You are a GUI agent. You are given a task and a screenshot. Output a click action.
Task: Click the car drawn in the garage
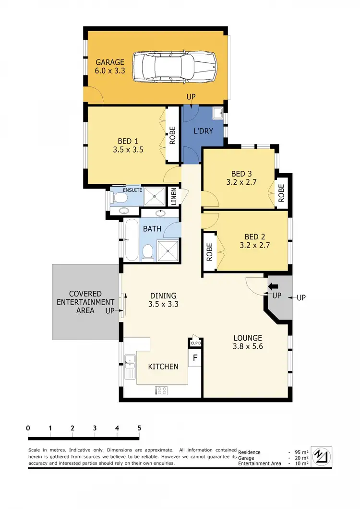[174, 66]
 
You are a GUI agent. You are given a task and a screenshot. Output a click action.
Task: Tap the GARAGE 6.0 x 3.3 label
[110, 67]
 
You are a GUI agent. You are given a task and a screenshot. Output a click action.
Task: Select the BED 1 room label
[128, 145]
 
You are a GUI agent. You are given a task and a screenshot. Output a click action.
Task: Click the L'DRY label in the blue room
[204, 130]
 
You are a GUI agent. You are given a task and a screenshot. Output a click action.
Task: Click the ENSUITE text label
[132, 190]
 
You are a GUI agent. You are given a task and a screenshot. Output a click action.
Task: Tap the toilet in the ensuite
[117, 196]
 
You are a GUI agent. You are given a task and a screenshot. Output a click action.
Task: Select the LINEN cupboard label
[174, 196]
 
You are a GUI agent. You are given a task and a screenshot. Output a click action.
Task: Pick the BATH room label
[152, 229]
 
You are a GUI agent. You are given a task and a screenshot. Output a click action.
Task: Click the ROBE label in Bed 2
[209, 252]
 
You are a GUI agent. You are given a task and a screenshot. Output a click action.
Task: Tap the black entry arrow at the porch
[273, 287]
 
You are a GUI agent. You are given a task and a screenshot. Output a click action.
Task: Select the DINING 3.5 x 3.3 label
[163, 300]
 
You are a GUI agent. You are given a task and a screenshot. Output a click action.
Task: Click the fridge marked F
[195, 358]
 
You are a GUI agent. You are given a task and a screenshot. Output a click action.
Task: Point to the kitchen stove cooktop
[161, 391]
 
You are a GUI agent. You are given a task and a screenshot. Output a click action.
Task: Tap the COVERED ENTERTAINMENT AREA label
[85, 302]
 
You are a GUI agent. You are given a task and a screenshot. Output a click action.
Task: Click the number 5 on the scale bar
[139, 428]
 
